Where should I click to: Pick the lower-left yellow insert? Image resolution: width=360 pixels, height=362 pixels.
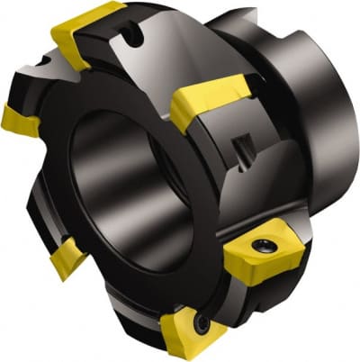point(68,262)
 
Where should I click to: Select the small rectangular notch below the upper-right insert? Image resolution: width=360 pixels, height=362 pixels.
point(242,144)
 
